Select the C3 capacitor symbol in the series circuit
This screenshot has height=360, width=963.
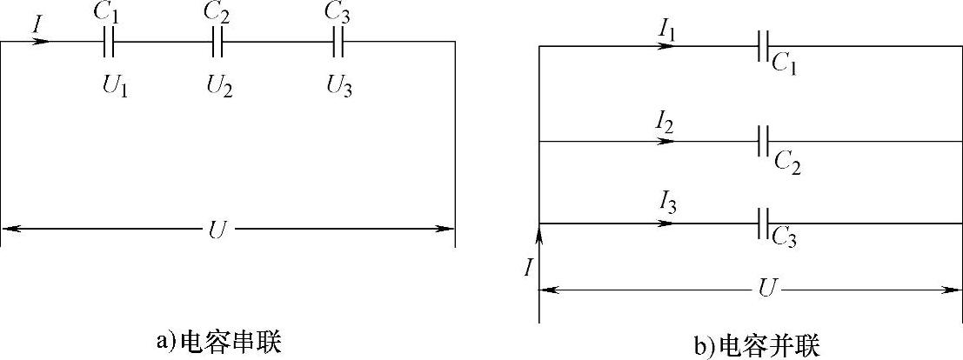tap(339, 41)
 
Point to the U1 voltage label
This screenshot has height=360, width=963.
tap(115, 85)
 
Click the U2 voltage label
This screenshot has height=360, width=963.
tap(219, 85)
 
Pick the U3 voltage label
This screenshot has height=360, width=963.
tap(340, 85)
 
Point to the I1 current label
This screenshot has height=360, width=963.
tap(667, 32)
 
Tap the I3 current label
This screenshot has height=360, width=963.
tap(666, 209)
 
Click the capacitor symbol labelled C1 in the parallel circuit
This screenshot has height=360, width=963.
tap(763, 46)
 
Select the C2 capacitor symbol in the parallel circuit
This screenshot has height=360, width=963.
tap(763, 140)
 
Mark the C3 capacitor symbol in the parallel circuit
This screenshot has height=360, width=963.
tap(763, 223)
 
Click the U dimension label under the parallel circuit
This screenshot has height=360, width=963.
tap(766, 288)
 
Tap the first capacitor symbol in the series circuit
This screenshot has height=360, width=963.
tap(108, 41)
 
